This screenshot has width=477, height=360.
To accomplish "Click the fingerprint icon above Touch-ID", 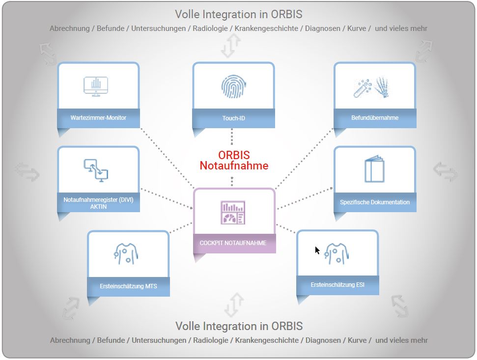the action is coord(233,86).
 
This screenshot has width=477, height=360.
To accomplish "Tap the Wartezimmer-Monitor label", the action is coord(98,118).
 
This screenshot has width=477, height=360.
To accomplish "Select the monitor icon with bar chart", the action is coord(96,86).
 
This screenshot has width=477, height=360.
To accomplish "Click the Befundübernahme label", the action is coord(375,118).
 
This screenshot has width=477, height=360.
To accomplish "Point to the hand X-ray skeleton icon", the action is coord(382,87).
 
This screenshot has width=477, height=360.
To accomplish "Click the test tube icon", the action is coord(363,88).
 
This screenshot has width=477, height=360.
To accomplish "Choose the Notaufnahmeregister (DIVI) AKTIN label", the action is coord(98,203).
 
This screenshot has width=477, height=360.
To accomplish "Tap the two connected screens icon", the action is coord(96,170).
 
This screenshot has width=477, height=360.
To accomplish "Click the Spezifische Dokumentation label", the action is coord(375,202).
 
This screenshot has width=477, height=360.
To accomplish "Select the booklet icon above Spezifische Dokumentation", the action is coord(374,169).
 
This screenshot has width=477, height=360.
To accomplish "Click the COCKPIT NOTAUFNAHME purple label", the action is coord(233,243).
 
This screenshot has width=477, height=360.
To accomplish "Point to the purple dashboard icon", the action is coord(233,213).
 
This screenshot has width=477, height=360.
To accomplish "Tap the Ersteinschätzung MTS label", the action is coord(128,286).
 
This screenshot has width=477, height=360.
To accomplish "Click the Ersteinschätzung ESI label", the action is coord(337,285).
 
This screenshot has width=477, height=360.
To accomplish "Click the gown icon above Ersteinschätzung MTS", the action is coord(126,253).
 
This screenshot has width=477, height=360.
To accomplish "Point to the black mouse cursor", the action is coord(317,250).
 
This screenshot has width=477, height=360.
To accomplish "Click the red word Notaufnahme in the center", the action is coord(234,166).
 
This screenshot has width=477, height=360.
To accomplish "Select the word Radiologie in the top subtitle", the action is coord(210,28).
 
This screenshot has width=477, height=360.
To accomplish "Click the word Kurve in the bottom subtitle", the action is coord(357,340).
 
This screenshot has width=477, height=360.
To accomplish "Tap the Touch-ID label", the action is coord(234,118).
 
